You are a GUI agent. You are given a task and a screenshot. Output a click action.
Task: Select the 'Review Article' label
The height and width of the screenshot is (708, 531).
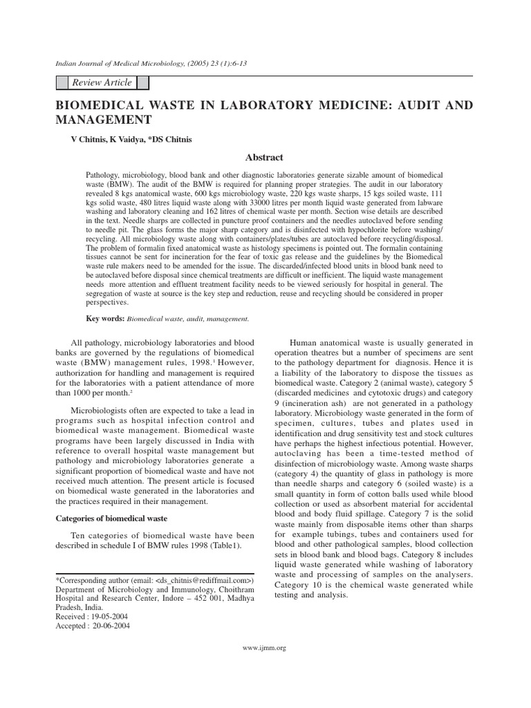[102, 83]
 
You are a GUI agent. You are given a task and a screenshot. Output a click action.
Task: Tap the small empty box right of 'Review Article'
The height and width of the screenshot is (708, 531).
[143, 83]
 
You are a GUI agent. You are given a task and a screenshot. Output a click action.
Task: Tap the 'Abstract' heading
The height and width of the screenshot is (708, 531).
[264, 158]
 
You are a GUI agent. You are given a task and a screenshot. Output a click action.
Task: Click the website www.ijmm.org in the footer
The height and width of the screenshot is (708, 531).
[265, 648]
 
